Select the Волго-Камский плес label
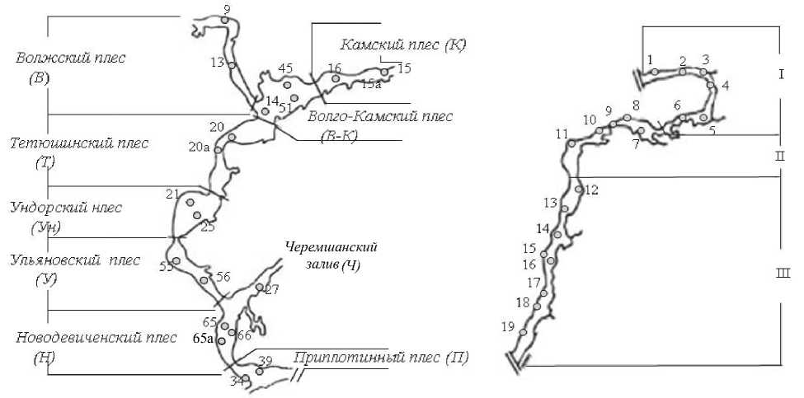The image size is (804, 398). pyautogui.click(x=379, y=117)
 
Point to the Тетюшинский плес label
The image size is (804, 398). pyautogui.click(x=79, y=143)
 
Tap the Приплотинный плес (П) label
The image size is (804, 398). pyautogui.click(x=381, y=358)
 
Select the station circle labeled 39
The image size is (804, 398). pyautogui.click(x=259, y=372)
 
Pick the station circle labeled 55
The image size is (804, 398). pyautogui.click(x=176, y=260)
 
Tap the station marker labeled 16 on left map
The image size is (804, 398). pyautogui.click(x=336, y=79)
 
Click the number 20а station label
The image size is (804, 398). pyautogui.click(x=199, y=147)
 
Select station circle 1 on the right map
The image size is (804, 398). pyautogui.click(x=654, y=72)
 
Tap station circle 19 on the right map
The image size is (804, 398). pyautogui.click(x=524, y=332)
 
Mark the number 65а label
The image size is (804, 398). pyautogui.click(x=204, y=338)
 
